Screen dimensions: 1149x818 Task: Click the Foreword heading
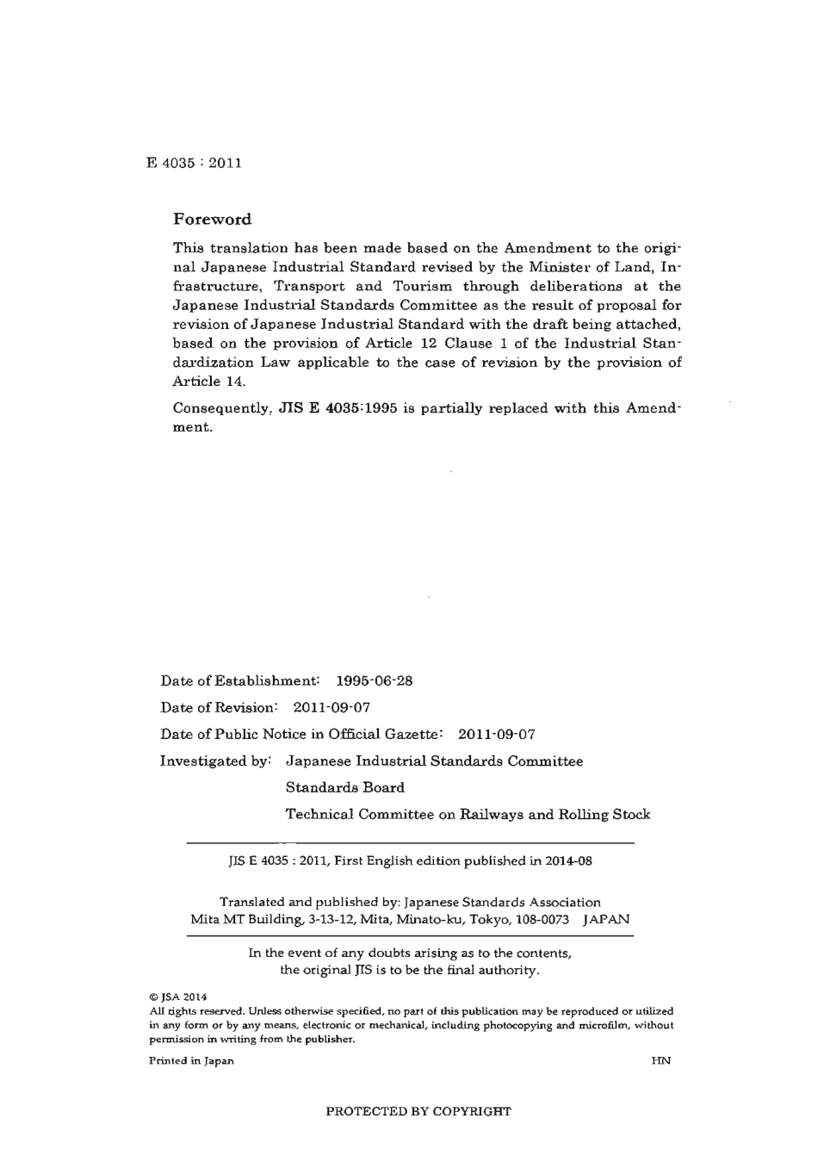point(212,220)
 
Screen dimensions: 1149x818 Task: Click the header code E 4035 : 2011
point(194,163)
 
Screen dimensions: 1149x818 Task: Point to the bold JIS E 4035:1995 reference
point(338,408)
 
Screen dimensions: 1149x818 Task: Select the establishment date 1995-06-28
point(375,681)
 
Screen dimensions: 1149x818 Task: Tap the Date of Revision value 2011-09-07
point(332,708)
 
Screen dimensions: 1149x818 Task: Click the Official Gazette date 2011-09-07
point(496,735)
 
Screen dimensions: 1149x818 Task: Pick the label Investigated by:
point(216,761)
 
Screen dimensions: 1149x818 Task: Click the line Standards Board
point(344,787)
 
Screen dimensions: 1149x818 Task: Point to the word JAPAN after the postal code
point(606,919)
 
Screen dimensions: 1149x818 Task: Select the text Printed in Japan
point(191,1060)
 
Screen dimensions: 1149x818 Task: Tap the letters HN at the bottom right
point(661,1060)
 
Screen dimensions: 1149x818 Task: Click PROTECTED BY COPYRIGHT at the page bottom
point(418,1111)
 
